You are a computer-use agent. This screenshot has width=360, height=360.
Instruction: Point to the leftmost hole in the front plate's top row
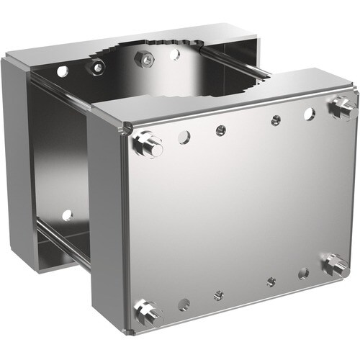184,137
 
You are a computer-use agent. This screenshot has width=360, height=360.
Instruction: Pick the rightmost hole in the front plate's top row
309,113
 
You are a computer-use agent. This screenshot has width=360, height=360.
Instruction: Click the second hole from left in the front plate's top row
221,130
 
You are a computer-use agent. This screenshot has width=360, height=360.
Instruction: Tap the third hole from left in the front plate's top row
275,120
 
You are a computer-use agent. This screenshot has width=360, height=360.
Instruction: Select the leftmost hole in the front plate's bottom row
184,305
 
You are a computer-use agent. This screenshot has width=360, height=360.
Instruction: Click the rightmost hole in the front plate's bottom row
303,273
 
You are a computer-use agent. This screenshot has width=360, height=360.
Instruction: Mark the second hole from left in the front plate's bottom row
219,295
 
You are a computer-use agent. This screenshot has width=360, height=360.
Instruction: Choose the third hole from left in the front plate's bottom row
270,282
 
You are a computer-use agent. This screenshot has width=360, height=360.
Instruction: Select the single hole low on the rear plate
66,215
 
